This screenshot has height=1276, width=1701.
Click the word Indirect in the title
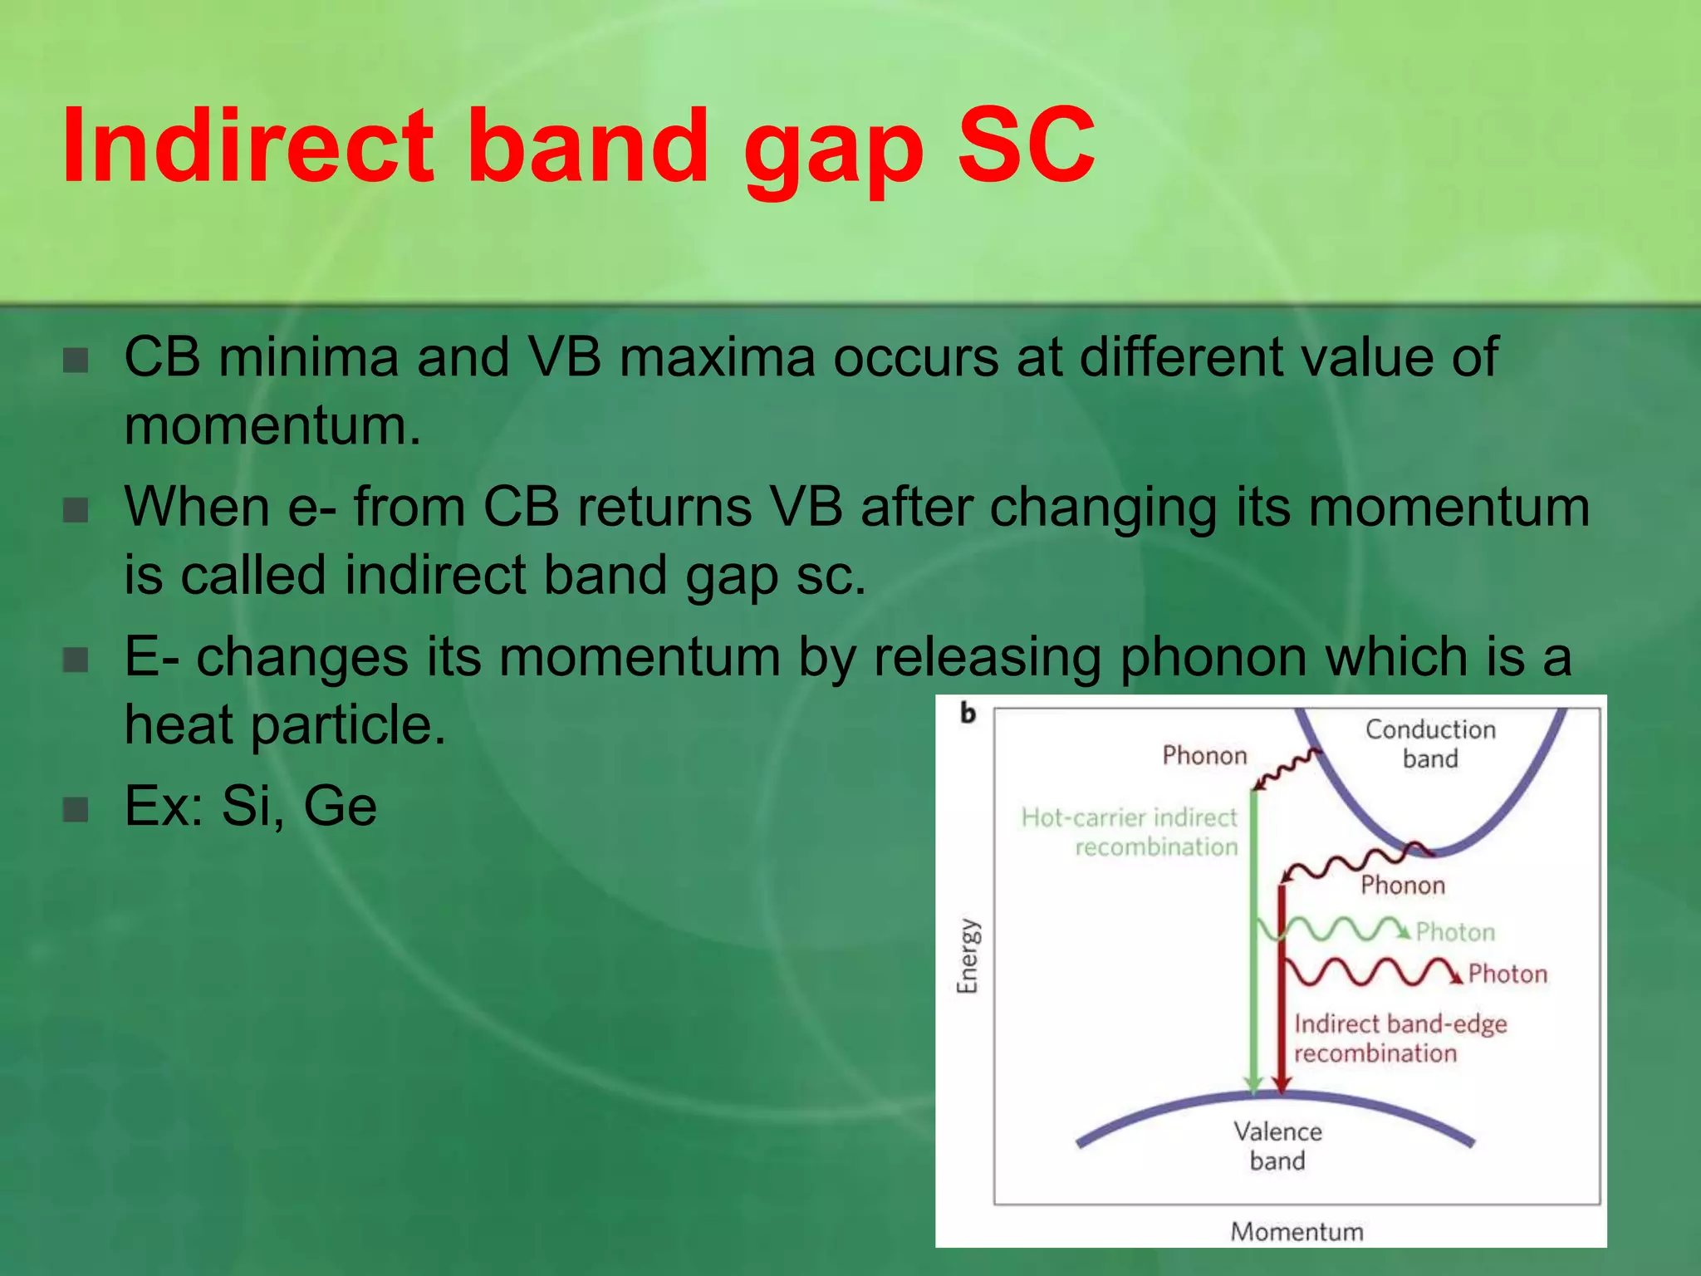pos(248,145)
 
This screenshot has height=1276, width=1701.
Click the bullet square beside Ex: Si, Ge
pos(76,808)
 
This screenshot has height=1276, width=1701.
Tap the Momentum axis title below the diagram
pos(1297,1231)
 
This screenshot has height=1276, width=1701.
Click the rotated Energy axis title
pos(968,955)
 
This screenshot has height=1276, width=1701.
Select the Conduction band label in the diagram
pos(1430,744)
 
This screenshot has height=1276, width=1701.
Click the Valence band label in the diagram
pos(1277,1146)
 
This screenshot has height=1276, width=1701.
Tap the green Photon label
pos(1455,932)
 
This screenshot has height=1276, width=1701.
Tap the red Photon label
pos(1507,974)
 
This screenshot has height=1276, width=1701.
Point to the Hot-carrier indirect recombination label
pos(1130,832)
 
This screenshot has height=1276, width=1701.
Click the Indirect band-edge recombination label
pos(1400,1038)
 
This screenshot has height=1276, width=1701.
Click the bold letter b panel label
pos(968,714)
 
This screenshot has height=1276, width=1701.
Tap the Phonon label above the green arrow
pos(1204,755)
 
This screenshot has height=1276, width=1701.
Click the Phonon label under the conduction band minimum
pos(1403,885)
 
